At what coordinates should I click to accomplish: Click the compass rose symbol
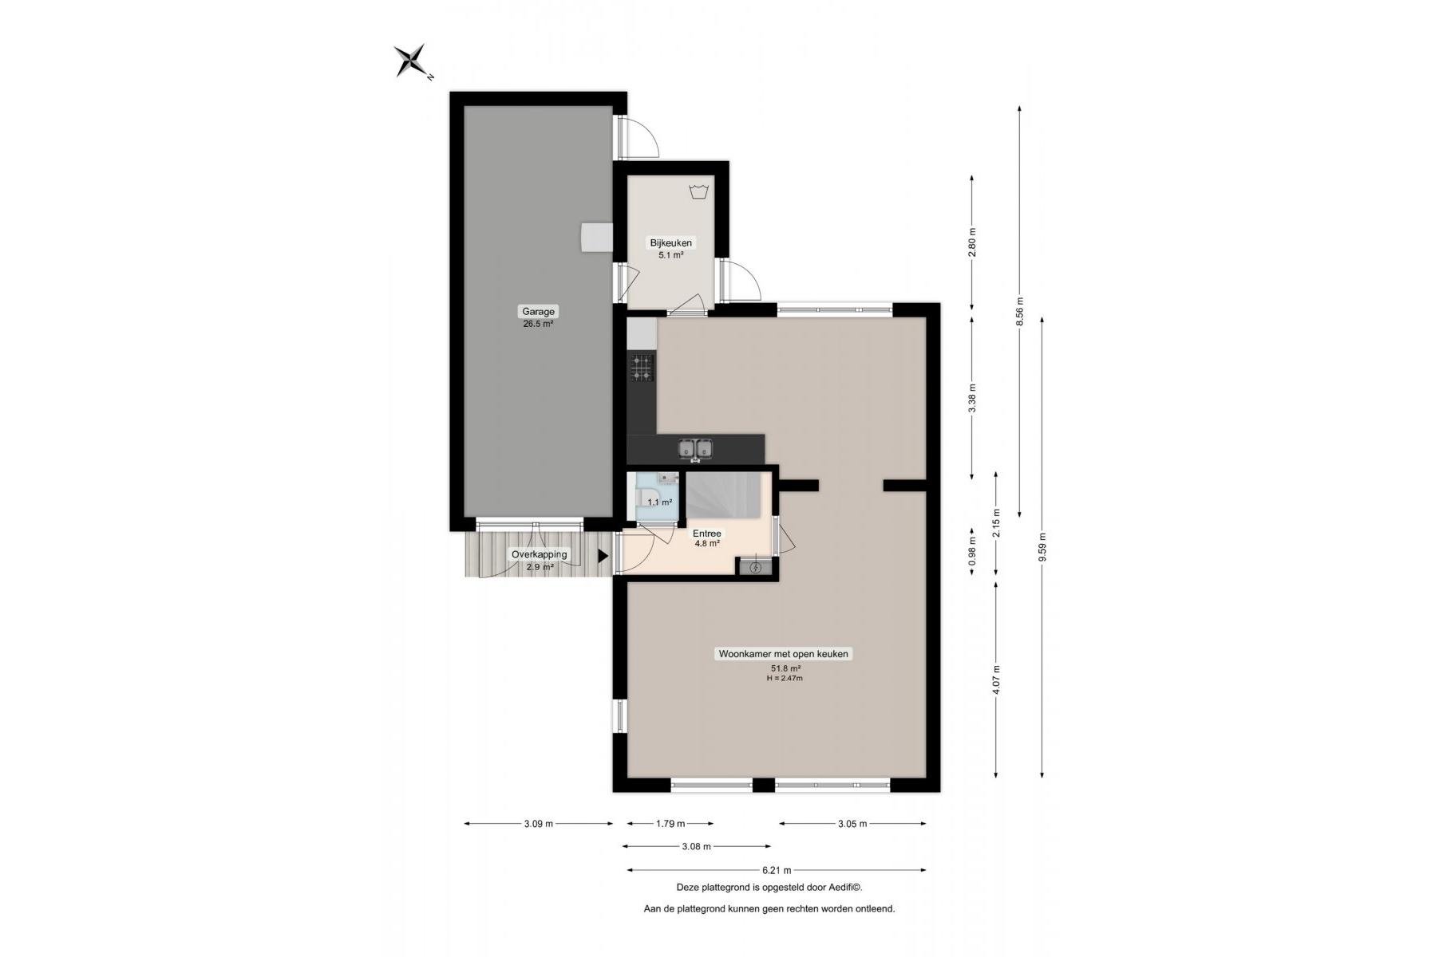(x=412, y=61)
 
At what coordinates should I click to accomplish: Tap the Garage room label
(x=539, y=312)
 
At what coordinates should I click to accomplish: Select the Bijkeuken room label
(x=671, y=243)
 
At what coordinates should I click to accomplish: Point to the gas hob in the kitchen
(x=642, y=367)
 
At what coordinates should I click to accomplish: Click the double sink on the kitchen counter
(x=695, y=449)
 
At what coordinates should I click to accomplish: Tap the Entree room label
(x=707, y=534)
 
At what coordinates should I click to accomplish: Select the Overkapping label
(x=540, y=554)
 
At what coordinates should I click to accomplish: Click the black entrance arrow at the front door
(x=603, y=556)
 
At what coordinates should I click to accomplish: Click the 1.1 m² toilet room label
(x=659, y=502)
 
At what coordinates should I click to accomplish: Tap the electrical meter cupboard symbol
(x=755, y=567)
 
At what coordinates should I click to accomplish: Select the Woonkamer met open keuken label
(x=784, y=654)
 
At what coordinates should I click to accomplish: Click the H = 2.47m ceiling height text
(x=785, y=679)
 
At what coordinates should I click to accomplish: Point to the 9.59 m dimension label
(x=1042, y=547)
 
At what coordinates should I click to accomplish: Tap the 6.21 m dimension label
(x=777, y=870)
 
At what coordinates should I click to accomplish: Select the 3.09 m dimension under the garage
(x=539, y=824)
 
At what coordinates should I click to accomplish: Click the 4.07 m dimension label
(x=996, y=679)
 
